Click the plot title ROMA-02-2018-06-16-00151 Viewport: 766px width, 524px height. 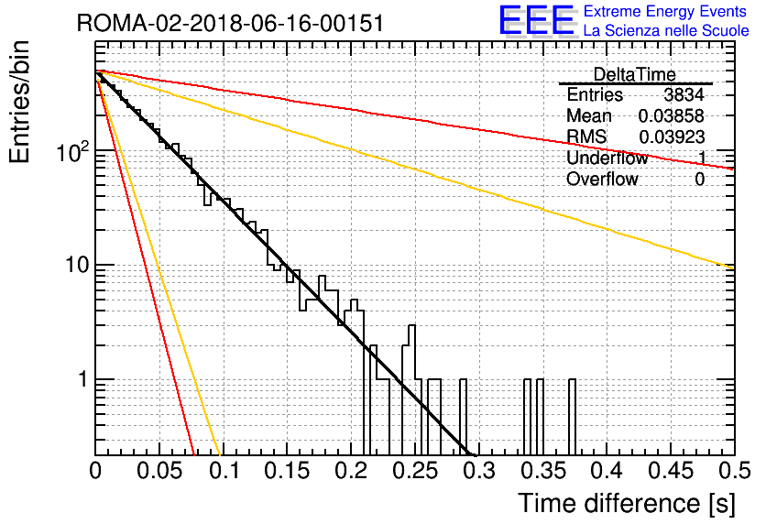tap(230, 23)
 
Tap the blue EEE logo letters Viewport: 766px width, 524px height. tap(537, 20)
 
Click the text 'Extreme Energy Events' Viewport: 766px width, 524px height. tap(665, 11)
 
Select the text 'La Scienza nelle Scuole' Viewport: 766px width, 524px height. tap(666, 30)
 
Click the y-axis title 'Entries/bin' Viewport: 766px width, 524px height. tap(19, 103)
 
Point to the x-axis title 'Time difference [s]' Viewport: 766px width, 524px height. tap(627, 504)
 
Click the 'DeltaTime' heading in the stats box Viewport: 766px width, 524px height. tap(634, 75)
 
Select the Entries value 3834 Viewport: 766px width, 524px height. tap(684, 94)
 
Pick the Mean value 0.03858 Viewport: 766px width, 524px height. tap(672, 115)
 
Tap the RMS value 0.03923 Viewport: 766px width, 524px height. tap(672, 137)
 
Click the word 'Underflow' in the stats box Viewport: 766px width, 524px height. tap(607, 158)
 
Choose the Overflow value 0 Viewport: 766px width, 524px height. tap(699, 180)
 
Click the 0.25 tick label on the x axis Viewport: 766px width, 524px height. tap(416, 471)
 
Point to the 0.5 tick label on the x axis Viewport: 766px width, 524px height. tap(735, 471)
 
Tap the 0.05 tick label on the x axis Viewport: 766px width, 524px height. tap(160, 471)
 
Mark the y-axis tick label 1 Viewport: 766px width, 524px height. tap(84, 379)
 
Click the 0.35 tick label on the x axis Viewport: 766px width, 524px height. tap(544, 471)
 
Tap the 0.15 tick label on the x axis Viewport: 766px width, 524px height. tap(288, 471)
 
